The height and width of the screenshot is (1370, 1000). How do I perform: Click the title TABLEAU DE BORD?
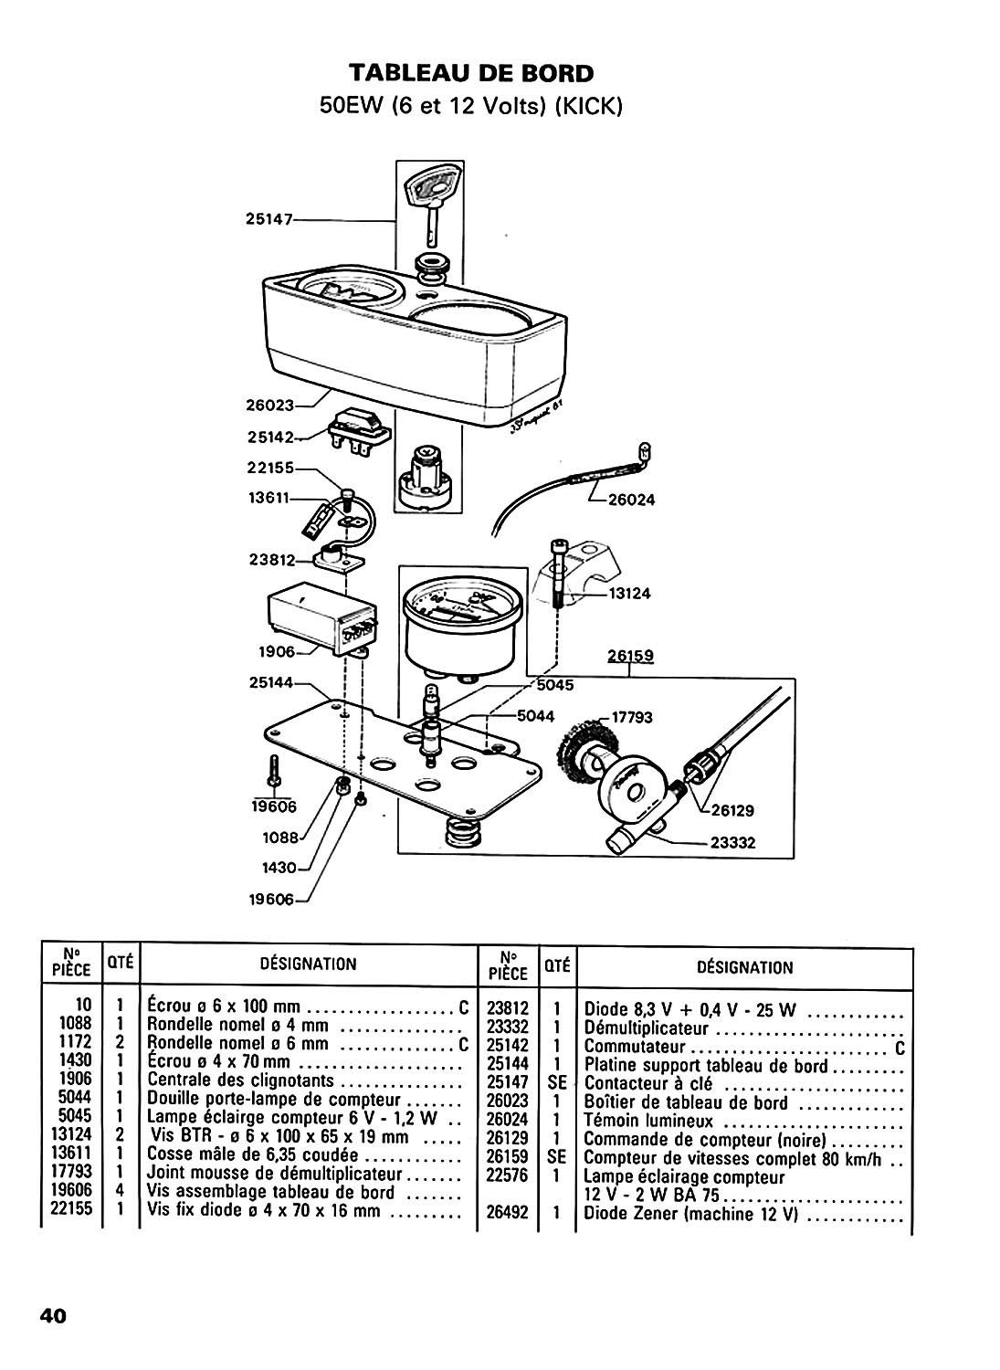pyautogui.click(x=471, y=73)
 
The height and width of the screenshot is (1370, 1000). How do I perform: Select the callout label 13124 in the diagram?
pyautogui.click(x=629, y=594)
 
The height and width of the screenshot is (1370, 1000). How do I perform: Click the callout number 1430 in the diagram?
pyautogui.click(x=280, y=868)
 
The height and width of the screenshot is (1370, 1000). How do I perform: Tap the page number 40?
pyautogui.click(x=51, y=1316)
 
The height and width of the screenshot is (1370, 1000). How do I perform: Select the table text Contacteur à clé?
pyautogui.click(x=648, y=1084)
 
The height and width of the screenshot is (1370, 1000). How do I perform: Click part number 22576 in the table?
pyautogui.click(x=508, y=1177)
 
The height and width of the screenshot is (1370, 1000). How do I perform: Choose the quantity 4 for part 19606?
pyautogui.click(x=120, y=1192)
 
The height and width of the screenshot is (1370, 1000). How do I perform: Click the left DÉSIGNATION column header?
pyautogui.click(x=309, y=964)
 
